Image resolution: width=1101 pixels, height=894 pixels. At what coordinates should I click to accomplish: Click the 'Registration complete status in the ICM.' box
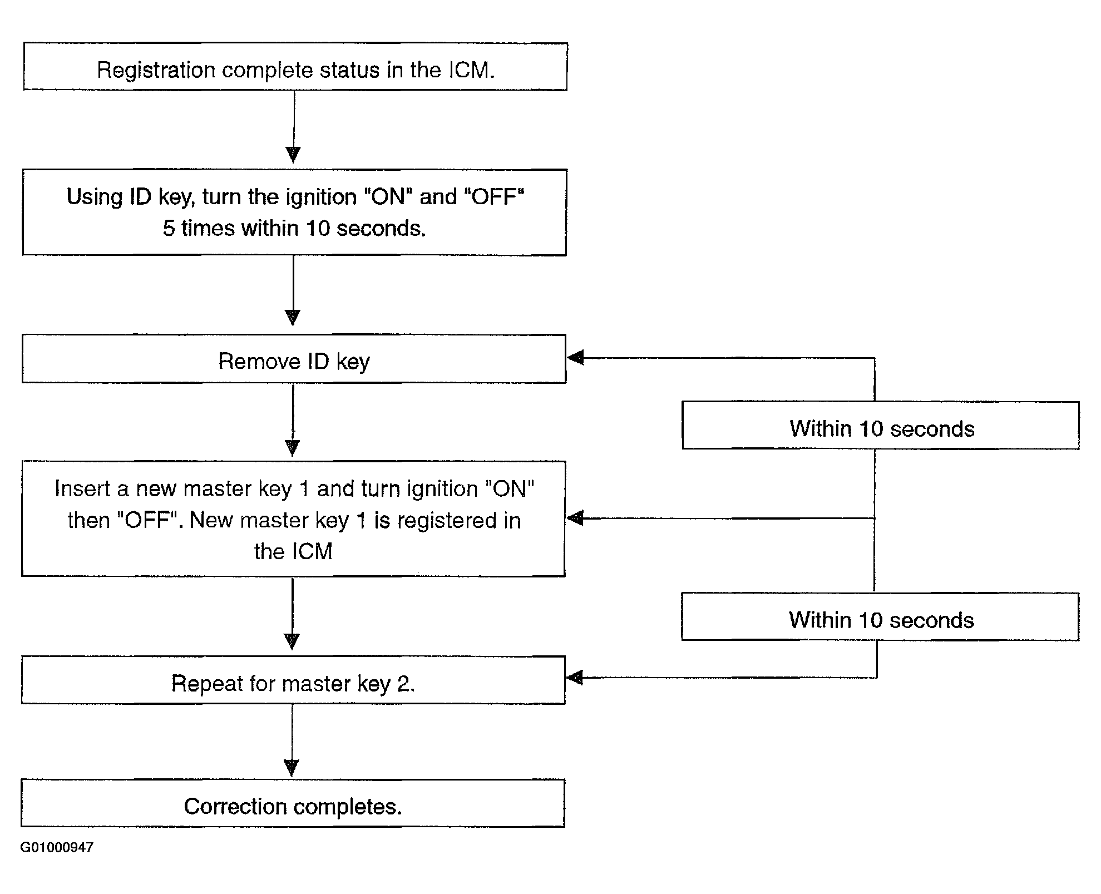point(295,67)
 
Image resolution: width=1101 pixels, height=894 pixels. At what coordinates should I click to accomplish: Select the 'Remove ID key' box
point(294,359)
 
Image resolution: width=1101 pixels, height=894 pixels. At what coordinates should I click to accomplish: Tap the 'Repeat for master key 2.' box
point(294,680)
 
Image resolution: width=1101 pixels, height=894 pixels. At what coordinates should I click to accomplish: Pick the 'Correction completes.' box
point(293,803)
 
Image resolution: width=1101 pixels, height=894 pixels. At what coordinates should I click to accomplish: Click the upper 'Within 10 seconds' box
point(881,425)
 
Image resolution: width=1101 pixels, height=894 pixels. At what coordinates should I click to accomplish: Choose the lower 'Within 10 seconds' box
point(880,616)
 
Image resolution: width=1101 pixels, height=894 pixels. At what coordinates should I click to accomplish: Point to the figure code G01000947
point(57,847)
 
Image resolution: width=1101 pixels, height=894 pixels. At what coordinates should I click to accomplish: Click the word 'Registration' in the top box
point(156,71)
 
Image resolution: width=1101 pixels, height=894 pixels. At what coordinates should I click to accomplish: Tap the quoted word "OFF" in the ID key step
point(494,196)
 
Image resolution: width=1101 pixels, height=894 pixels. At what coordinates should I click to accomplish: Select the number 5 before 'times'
point(169,228)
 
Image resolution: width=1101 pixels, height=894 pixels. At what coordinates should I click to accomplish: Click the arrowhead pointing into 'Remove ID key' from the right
point(575,358)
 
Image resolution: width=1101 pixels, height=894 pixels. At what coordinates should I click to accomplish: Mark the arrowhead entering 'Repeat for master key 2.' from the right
point(575,678)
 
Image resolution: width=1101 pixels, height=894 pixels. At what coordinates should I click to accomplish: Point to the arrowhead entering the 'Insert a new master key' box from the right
point(575,518)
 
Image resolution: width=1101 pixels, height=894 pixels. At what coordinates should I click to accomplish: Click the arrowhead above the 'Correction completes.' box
point(292,768)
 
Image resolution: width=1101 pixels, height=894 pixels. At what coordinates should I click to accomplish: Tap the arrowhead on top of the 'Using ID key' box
point(293,155)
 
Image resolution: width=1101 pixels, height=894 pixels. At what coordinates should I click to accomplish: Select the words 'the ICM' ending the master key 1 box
point(293,551)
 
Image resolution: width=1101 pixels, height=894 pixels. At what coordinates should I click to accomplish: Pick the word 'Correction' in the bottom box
point(235,806)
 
